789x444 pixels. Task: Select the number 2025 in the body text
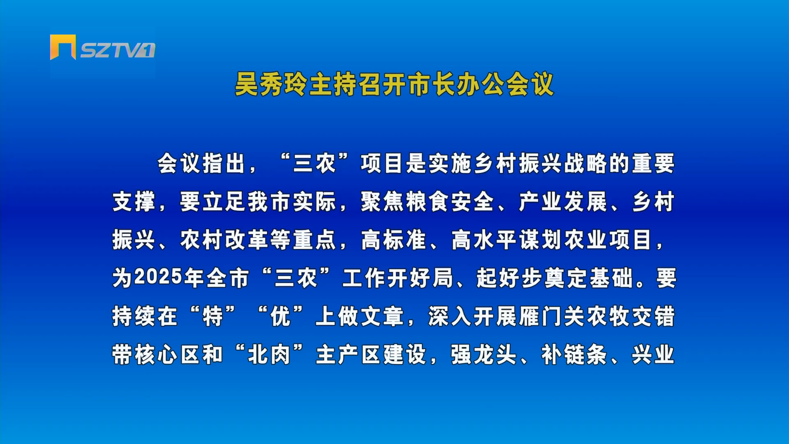pos(158,277)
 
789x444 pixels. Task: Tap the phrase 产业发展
pos(563,201)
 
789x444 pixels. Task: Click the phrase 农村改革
pos(224,240)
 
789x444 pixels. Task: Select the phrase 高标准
pos(393,240)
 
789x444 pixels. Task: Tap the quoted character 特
pos(213,316)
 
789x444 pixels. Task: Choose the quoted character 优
pos(281,316)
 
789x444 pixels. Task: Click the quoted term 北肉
pos(269,354)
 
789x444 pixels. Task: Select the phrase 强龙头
pos(484,354)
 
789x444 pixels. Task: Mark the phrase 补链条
pos(574,354)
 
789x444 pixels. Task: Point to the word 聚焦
pos(383,201)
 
